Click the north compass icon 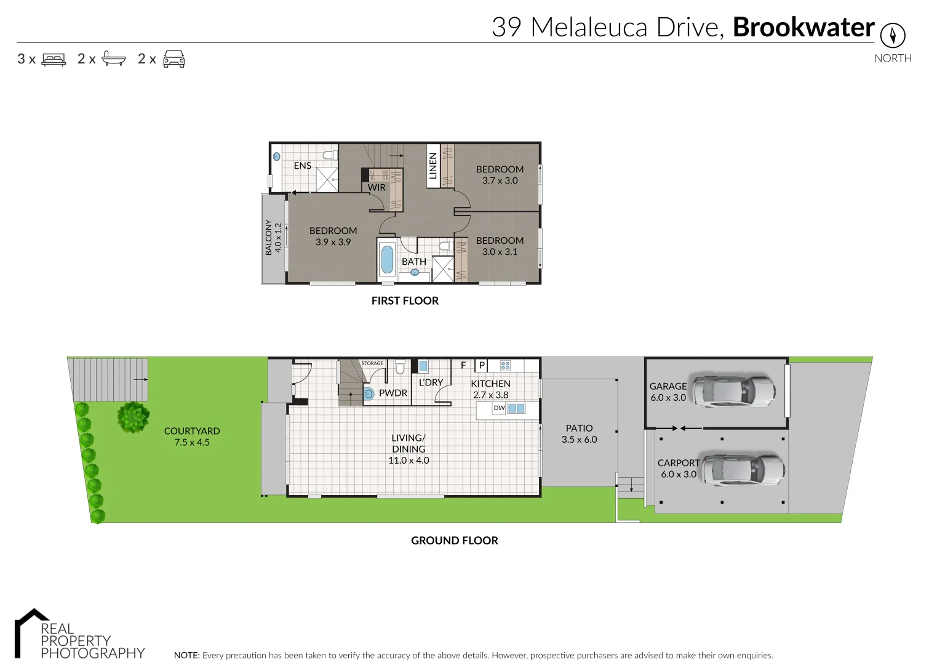pyautogui.click(x=892, y=35)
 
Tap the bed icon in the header pyautogui.click(x=54, y=59)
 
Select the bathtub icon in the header pyautogui.click(x=114, y=59)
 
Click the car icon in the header pyautogui.click(x=174, y=59)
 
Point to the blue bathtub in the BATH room pyautogui.click(x=387, y=259)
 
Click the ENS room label pyautogui.click(x=302, y=166)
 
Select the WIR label pyautogui.click(x=377, y=188)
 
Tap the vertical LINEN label pyautogui.click(x=433, y=166)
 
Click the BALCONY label pyautogui.click(x=268, y=237)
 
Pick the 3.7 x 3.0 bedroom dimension pyautogui.click(x=500, y=180)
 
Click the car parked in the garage pyautogui.click(x=733, y=390)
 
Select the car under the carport pyautogui.click(x=743, y=470)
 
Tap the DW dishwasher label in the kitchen pyautogui.click(x=499, y=408)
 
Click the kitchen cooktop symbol pyautogui.click(x=505, y=366)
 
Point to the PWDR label pyautogui.click(x=393, y=393)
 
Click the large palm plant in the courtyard pyautogui.click(x=133, y=417)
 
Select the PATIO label pyautogui.click(x=579, y=428)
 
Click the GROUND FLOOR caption pyautogui.click(x=454, y=541)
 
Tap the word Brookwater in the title pyautogui.click(x=803, y=28)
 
